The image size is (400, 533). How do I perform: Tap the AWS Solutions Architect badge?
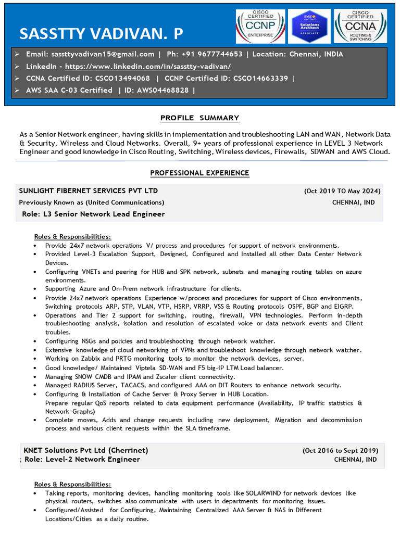tap(309, 26)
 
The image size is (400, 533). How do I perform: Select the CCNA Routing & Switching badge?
tap(360, 26)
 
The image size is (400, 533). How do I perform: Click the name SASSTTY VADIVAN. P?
tap(101, 34)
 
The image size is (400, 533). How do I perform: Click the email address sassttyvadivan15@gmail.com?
tap(103, 54)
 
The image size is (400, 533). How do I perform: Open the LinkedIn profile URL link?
tap(148, 67)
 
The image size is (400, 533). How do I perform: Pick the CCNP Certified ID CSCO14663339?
tap(260, 79)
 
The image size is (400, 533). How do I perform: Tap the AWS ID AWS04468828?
tap(164, 91)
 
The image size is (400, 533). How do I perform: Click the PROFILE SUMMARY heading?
tap(199, 118)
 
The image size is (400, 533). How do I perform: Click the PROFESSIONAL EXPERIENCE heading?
tap(199, 173)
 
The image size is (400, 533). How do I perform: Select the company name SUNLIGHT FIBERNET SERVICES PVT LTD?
tap(89, 191)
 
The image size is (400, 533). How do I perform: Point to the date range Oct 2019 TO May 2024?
tap(342, 191)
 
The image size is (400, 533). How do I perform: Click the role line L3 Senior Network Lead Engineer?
tap(94, 214)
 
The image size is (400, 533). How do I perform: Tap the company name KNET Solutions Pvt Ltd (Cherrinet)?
tap(86, 450)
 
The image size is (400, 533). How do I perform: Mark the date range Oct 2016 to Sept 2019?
tap(340, 451)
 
